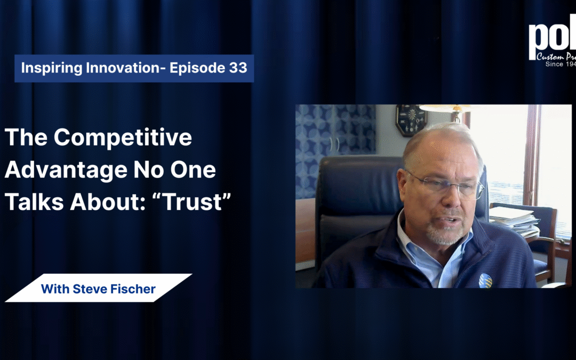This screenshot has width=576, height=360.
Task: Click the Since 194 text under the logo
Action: pos(560,64)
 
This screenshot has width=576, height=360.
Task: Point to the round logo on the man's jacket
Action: pos(485,280)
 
